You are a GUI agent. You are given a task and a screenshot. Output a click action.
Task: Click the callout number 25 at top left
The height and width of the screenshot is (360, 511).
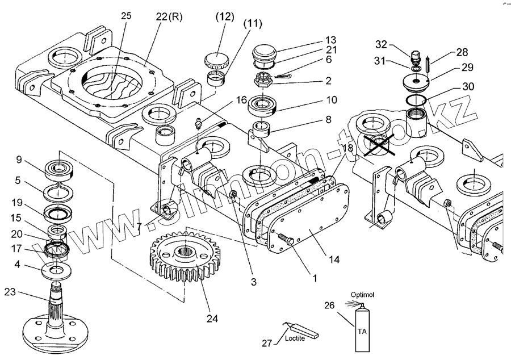[x=126, y=15]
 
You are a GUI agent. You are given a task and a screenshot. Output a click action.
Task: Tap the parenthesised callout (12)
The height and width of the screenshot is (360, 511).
[x=225, y=16]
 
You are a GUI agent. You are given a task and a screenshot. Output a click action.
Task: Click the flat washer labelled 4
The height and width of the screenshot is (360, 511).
[x=57, y=271]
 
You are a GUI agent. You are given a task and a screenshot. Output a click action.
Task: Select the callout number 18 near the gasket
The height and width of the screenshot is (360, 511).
[x=347, y=148]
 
